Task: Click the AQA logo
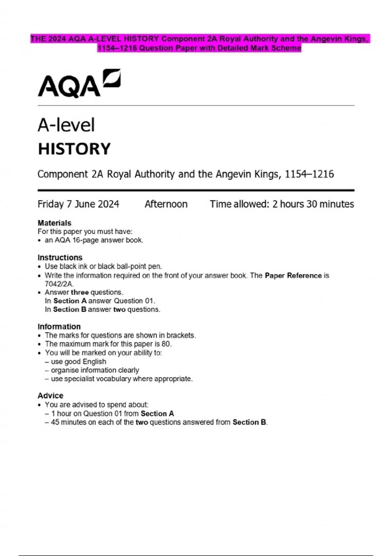click(x=79, y=84)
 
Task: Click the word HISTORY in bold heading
click(x=74, y=149)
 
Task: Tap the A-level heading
click(x=66, y=125)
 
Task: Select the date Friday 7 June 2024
click(x=78, y=204)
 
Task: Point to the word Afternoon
click(x=166, y=204)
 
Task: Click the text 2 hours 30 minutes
click(x=313, y=204)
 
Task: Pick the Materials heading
click(x=54, y=223)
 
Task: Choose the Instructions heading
click(x=60, y=257)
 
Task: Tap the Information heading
click(x=59, y=326)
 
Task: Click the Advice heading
click(x=50, y=395)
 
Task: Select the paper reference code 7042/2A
click(x=59, y=284)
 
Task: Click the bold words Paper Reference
click(x=293, y=275)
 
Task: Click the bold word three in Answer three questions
click(x=79, y=292)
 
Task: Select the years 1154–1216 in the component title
click(x=309, y=174)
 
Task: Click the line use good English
click(x=78, y=361)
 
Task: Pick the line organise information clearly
click(x=95, y=370)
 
